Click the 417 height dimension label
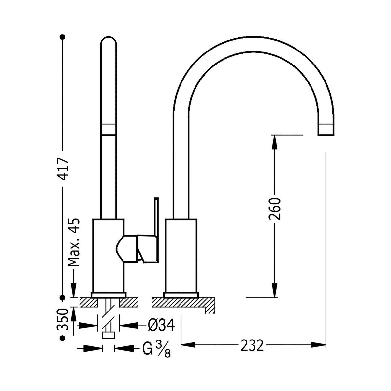[x=63, y=169]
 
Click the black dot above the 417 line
[x=63, y=37]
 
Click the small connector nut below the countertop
[x=109, y=335]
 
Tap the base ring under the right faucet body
[x=181, y=295]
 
